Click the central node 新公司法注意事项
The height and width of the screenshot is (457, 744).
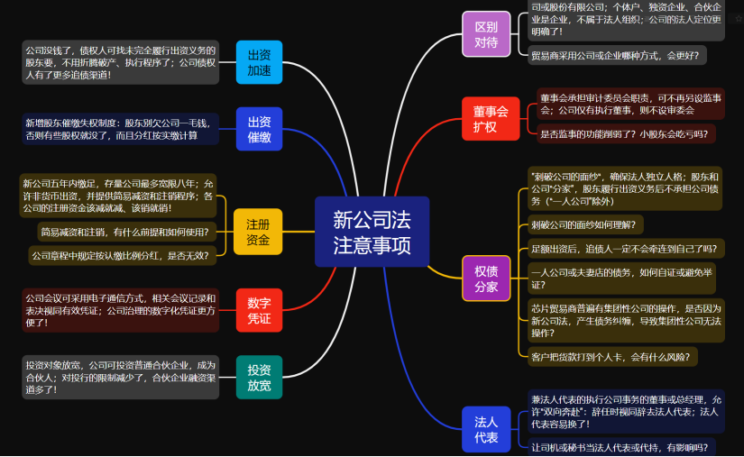(372, 232)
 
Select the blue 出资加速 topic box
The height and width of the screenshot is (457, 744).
(259, 62)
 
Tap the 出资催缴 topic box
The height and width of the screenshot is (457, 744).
(259, 129)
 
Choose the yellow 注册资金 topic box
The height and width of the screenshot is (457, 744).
(258, 232)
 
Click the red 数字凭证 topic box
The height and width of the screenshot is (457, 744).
(259, 310)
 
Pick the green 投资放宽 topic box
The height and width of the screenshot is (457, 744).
(259, 377)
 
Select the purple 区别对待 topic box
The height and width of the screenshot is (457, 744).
(486, 34)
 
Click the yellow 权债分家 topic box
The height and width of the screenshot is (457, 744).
(486, 279)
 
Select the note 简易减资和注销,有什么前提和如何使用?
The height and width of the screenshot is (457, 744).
(125, 233)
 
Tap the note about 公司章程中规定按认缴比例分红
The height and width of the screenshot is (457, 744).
(121, 256)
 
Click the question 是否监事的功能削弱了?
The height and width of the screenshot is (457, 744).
(624, 134)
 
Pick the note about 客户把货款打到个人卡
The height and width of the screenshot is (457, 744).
(612, 357)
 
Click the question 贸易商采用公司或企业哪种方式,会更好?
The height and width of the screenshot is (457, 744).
(617, 56)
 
